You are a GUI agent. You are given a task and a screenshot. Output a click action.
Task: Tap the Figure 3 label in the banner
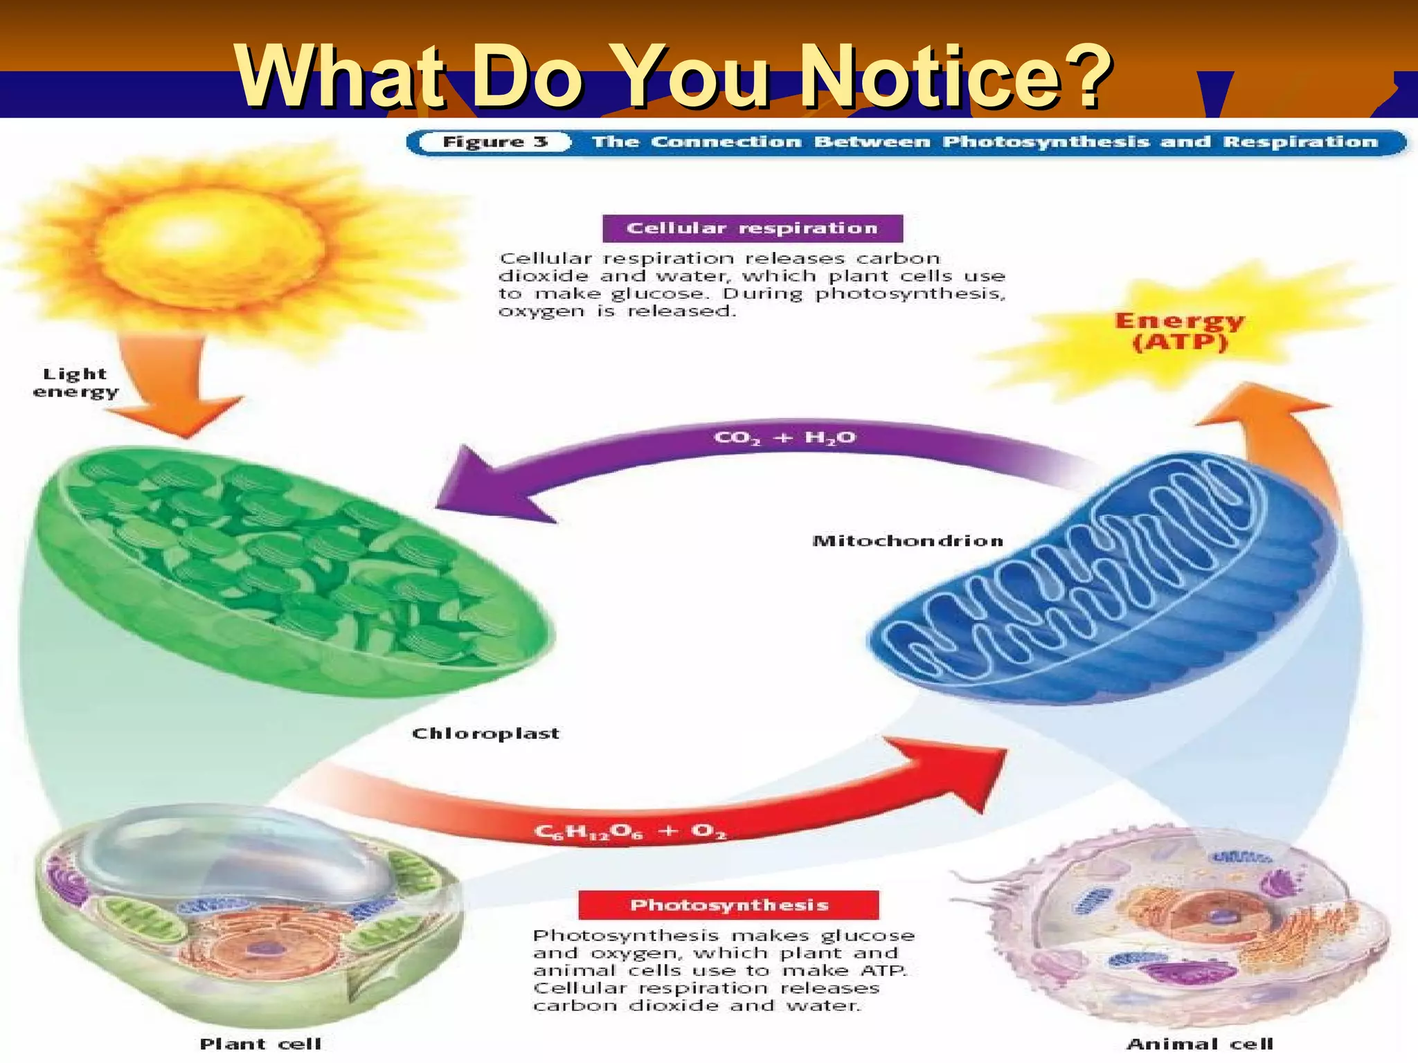[x=495, y=142]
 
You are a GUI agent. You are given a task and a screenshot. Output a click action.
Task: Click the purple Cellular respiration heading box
[x=752, y=228]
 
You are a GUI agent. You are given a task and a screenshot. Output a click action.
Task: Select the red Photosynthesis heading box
[x=728, y=905]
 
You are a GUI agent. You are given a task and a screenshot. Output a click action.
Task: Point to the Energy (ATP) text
[x=1179, y=331]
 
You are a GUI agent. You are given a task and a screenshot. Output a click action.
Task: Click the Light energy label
[x=75, y=383]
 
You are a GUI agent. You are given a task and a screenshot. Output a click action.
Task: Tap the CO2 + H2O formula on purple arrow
[x=784, y=438]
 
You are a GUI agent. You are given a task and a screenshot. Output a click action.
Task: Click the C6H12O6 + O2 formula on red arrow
[x=629, y=830]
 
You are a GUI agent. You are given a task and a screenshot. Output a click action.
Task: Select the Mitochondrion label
[x=907, y=540]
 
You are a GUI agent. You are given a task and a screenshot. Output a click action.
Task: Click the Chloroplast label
[x=485, y=734]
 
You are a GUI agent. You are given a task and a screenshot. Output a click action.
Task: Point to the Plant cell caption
[x=260, y=1043]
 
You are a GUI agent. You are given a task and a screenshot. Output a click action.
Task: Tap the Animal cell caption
[x=1200, y=1043]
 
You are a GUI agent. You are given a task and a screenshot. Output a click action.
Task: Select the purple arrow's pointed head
[x=485, y=484]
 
